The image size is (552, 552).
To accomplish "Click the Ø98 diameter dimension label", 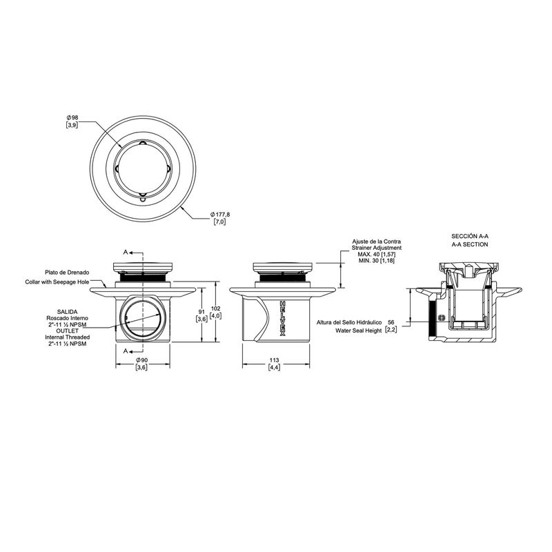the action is click(72, 117).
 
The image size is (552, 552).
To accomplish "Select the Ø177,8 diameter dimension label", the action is click(220, 214).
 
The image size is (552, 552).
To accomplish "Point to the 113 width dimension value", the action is click(274, 359).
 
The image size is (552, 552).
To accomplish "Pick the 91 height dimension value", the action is click(201, 312).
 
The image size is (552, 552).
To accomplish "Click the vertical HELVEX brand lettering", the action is click(282, 318).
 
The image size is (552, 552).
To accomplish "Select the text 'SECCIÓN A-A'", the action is click(470, 236).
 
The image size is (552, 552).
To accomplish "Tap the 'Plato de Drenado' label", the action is click(67, 272).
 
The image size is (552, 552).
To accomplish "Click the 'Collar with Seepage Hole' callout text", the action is click(57, 282).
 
